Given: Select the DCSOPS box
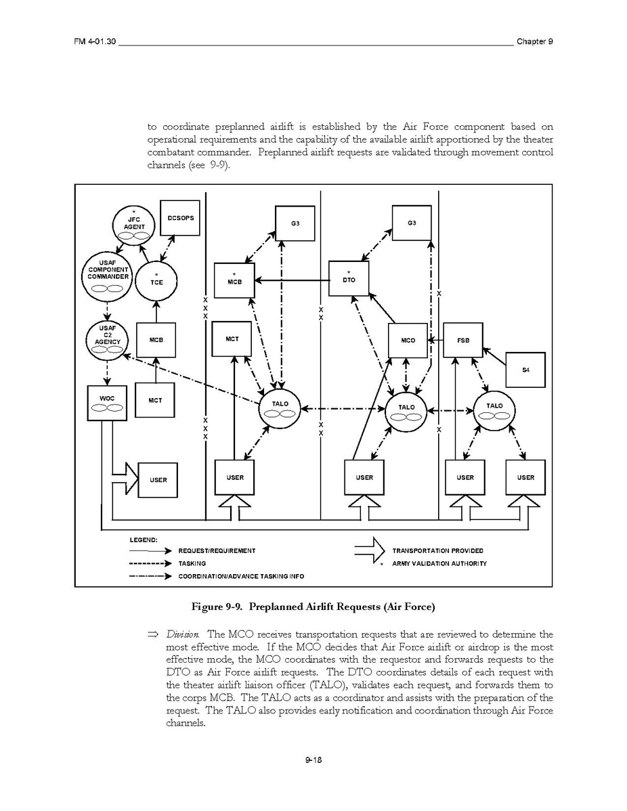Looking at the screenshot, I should pos(179,218).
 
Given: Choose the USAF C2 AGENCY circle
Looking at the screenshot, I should pos(107,338).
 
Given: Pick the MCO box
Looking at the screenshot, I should pos(408,341).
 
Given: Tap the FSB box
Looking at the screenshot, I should pos(463,341).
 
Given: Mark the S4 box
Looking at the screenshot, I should pos(525,370).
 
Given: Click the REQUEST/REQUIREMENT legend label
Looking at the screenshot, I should pos(217,551).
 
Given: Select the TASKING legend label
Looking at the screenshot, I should pos(192,563).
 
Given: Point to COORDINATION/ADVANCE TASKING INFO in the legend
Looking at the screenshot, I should pos(241,576).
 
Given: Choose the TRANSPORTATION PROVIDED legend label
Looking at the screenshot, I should pos(437,551).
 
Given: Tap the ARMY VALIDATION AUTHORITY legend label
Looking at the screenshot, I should pos(439,563).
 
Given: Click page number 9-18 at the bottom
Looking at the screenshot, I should pos(313,760).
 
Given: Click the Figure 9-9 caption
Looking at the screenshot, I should pos(312,607).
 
